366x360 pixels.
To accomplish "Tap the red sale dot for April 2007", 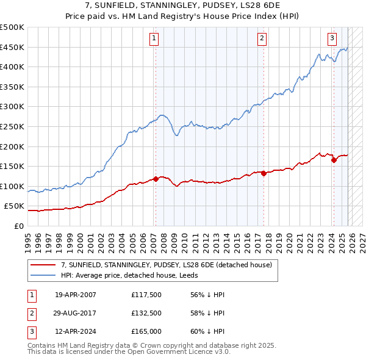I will [x=156, y=179].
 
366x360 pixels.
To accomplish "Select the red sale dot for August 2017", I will [x=264, y=173].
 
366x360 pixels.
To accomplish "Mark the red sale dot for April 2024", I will [x=334, y=160].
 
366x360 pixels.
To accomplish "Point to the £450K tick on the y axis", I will [x=12, y=47].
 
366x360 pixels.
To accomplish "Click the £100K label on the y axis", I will [x=12, y=186].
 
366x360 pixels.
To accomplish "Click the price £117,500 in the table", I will [x=145, y=294].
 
